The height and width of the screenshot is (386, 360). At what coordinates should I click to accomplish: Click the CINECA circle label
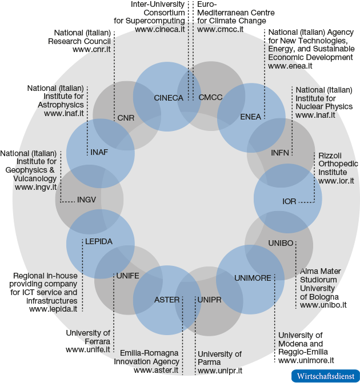coord(169,98)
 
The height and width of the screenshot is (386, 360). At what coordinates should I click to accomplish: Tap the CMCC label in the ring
coord(210,98)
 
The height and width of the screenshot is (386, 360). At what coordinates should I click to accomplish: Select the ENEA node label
coord(250,117)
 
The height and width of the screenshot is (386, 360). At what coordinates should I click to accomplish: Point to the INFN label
coord(281,153)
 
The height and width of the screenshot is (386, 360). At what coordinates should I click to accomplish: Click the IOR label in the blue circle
coord(289,201)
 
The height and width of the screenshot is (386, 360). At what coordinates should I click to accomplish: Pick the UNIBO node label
coord(281,243)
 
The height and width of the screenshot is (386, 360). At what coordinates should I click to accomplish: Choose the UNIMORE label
coord(253,278)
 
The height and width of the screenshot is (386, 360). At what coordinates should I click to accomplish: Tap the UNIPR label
coord(209,299)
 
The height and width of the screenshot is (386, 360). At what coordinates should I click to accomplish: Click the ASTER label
coord(167,299)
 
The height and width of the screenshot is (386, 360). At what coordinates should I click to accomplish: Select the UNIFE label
coord(127,276)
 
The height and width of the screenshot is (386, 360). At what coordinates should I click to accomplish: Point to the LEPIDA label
coord(99,241)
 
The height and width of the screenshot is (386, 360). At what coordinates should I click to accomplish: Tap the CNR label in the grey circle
coord(125,118)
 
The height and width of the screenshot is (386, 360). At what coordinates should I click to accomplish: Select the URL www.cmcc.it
coord(221,29)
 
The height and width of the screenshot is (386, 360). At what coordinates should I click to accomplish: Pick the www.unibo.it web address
coord(323,305)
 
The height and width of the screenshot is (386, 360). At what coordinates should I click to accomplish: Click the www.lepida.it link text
coord(53,309)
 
